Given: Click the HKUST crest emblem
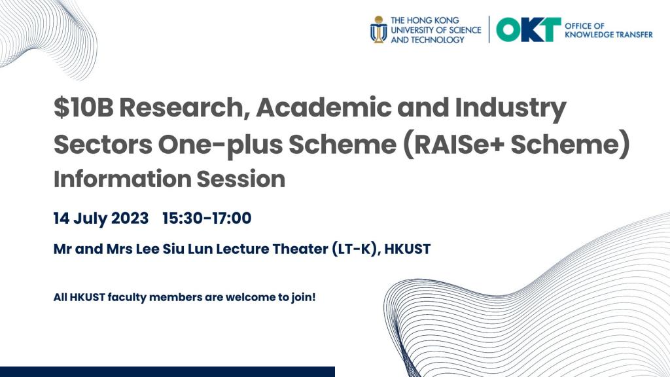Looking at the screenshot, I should click(x=378, y=29).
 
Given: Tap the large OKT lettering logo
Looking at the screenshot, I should click(x=528, y=29).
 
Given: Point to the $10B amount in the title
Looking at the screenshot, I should click(x=83, y=109).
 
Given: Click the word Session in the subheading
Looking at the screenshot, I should click(x=249, y=179).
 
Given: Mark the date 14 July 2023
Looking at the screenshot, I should click(x=101, y=218).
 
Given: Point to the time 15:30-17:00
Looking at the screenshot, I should click(x=207, y=218).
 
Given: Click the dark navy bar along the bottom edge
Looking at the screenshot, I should click(x=167, y=372).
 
